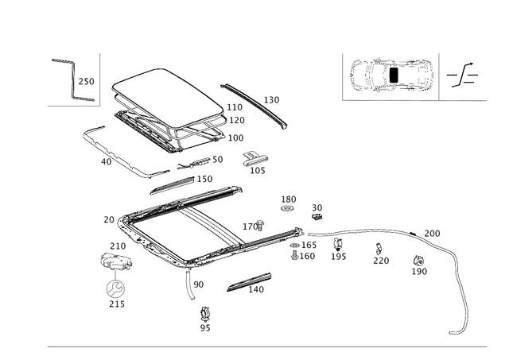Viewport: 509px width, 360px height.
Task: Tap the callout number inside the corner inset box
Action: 86,81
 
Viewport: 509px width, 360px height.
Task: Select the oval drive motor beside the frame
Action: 116,261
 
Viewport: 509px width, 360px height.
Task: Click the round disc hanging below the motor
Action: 116,288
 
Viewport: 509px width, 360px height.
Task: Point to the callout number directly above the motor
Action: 117,245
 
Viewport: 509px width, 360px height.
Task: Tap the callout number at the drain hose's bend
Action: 433,234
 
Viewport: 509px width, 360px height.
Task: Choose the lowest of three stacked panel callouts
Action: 238,137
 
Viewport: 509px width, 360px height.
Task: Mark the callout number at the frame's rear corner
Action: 109,218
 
